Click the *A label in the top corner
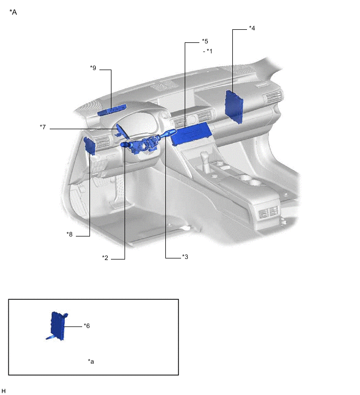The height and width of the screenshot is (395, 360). [x=13, y=12]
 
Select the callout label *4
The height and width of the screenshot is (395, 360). [x=252, y=28]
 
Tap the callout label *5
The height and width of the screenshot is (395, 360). [x=205, y=41]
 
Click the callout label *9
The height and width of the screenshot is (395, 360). [x=93, y=67]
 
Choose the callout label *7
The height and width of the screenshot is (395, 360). [x=43, y=127]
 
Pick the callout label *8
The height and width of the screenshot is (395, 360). [x=70, y=234]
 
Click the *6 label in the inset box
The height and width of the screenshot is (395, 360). [x=87, y=325]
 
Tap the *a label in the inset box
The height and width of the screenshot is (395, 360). [x=91, y=362]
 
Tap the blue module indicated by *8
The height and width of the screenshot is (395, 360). [x=89, y=145]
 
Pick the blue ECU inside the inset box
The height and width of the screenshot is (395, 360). [x=59, y=326]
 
